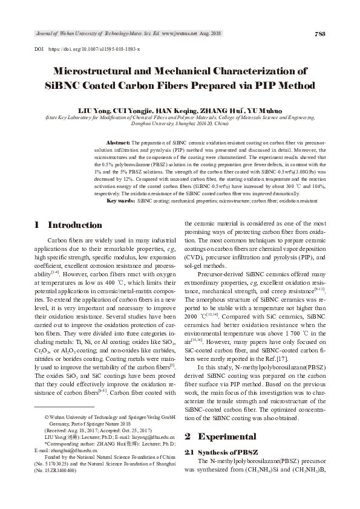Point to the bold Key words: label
tap(120, 200)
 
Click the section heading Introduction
tap(75, 225)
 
